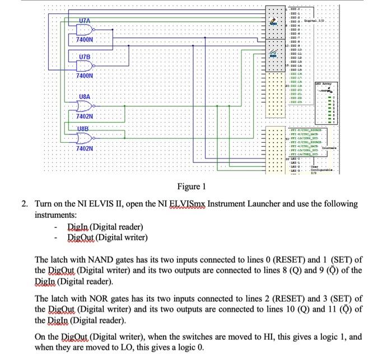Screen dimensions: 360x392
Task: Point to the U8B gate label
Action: click(84, 129)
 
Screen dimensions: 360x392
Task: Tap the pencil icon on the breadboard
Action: click(274, 21)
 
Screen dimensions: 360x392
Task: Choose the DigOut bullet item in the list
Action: click(107, 238)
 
